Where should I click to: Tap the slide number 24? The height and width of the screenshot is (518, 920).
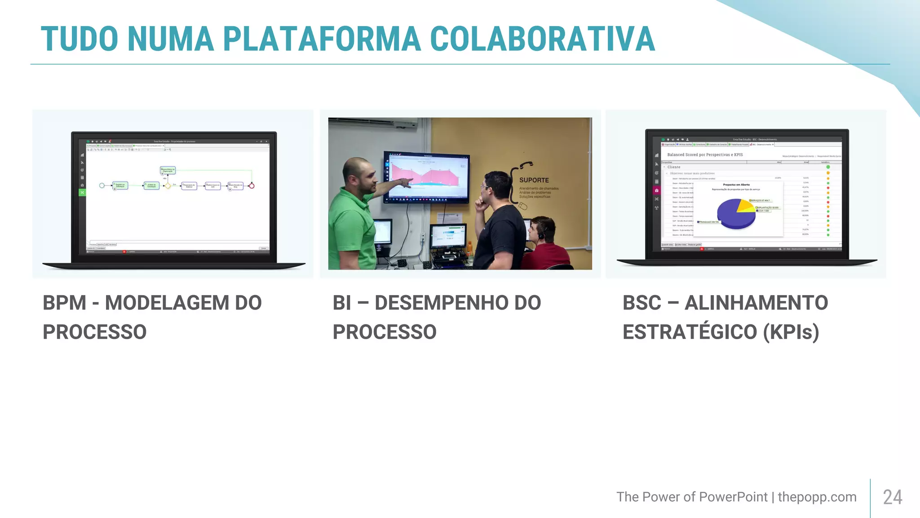(892, 497)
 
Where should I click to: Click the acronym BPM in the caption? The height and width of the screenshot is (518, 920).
(64, 303)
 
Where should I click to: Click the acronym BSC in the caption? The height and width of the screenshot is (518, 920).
(641, 303)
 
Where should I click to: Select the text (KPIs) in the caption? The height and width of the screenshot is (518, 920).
(791, 332)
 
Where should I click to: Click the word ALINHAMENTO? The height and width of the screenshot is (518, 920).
(756, 303)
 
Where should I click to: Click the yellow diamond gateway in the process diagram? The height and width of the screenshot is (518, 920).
(168, 186)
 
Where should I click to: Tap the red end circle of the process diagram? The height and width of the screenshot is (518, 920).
(252, 186)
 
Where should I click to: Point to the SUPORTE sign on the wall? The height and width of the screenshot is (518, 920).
(534, 180)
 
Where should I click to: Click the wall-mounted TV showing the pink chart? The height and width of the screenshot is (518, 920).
(426, 177)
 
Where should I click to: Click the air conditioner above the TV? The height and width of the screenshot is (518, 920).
(373, 122)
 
